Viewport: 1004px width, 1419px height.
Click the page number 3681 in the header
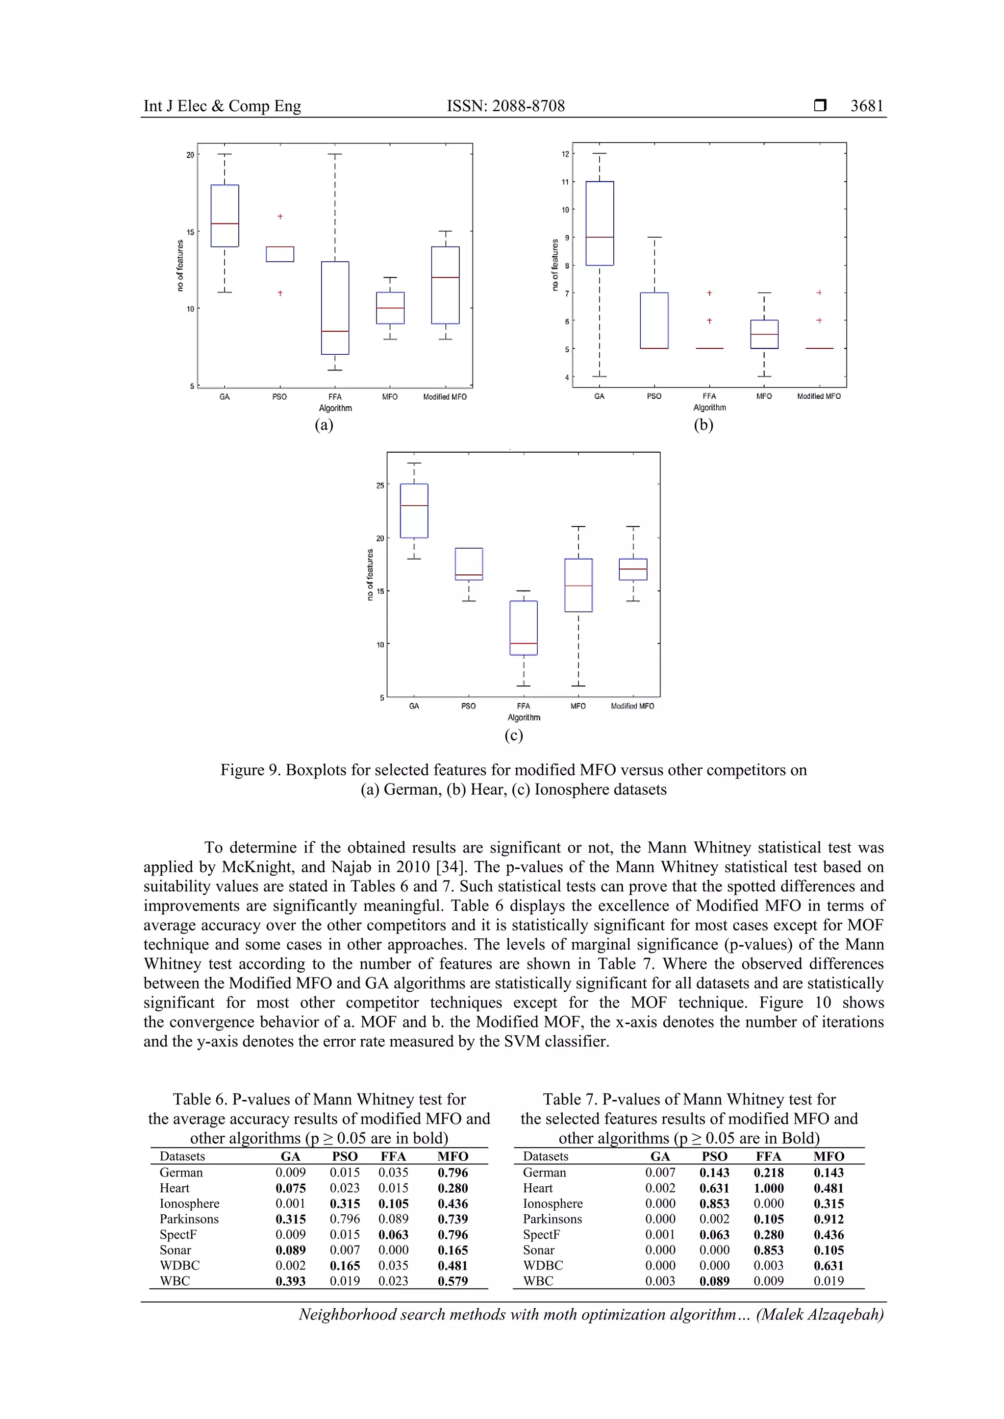click(x=867, y=106)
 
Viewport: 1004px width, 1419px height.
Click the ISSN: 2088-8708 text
click(x=506, y=106)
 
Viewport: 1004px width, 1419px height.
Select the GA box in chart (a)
click(x=225, y=216)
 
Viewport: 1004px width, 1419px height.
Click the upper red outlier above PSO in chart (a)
click(x=280, y=216)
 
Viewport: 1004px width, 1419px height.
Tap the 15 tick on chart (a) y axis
click(x=190, y=232)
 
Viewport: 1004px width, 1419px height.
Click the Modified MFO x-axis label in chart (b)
click(x=819, y=396)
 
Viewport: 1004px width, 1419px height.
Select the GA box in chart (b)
click(x=600, y=223)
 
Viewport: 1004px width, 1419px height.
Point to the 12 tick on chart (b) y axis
click(x=565, y=154)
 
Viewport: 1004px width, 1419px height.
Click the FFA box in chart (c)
click(x=524, y=627)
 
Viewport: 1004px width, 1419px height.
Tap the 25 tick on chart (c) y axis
click(x=379, y=485)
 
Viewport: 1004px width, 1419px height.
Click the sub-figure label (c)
click(x=514, y=735)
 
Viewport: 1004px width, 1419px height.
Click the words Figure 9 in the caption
click(x=249, y=770)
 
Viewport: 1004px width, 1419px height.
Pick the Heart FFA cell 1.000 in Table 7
click(x=769, y=1188)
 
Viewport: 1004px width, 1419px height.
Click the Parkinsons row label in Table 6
click(x=189, y=1219)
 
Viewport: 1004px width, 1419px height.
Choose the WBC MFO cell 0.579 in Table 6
click(x=452, y=1281)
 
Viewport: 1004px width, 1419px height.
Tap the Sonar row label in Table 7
click(x=538, y=1249)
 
